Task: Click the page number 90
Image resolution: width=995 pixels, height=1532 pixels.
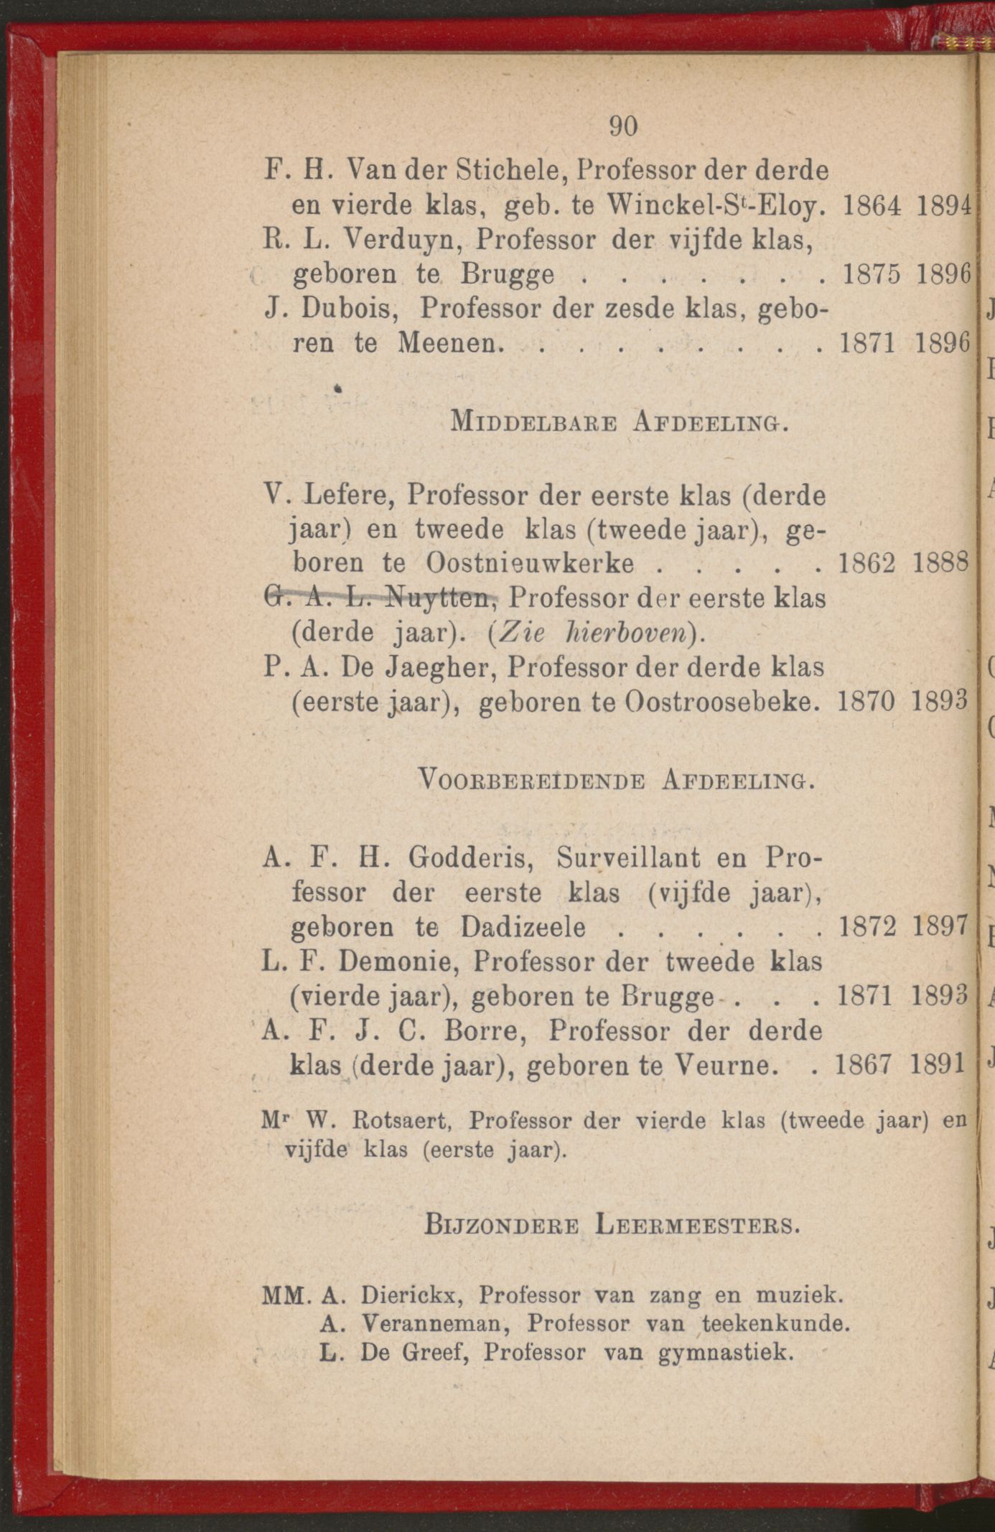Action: [x=622, y=126]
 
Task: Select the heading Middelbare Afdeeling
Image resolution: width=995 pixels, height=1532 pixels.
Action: [x=618, y=422]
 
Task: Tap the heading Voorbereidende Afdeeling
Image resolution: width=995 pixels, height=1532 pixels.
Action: [x=616, y=779]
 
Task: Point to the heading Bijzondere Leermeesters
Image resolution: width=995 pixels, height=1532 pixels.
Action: [x=612, y=1223]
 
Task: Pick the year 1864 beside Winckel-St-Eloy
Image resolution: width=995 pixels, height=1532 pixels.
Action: [x=871, y=207]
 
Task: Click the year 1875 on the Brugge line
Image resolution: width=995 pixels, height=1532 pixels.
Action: [x=871, y=275]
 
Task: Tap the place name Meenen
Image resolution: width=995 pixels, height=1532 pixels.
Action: [x=447, y=343]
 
